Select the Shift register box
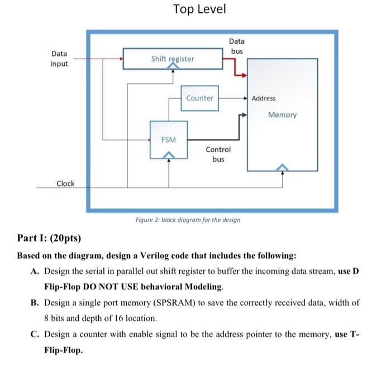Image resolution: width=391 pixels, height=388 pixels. tap(173, 59)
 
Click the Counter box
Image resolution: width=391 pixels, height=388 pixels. tap(199, 98)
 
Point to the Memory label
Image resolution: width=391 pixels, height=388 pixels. tap(282, 115)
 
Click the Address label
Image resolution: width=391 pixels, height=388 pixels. tap(264, 98)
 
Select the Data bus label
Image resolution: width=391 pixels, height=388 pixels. tap(236, 46)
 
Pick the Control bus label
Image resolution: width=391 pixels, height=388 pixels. tap(218, 155)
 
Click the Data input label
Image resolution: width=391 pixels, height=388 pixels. tap(59, 59)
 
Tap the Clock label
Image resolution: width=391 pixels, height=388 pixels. tap(65, 184)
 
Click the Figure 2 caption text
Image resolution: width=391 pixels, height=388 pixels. tap(188, 220)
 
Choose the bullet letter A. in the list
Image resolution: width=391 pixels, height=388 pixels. tap(35, 272)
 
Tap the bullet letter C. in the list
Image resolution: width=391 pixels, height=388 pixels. tap(35, 334)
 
